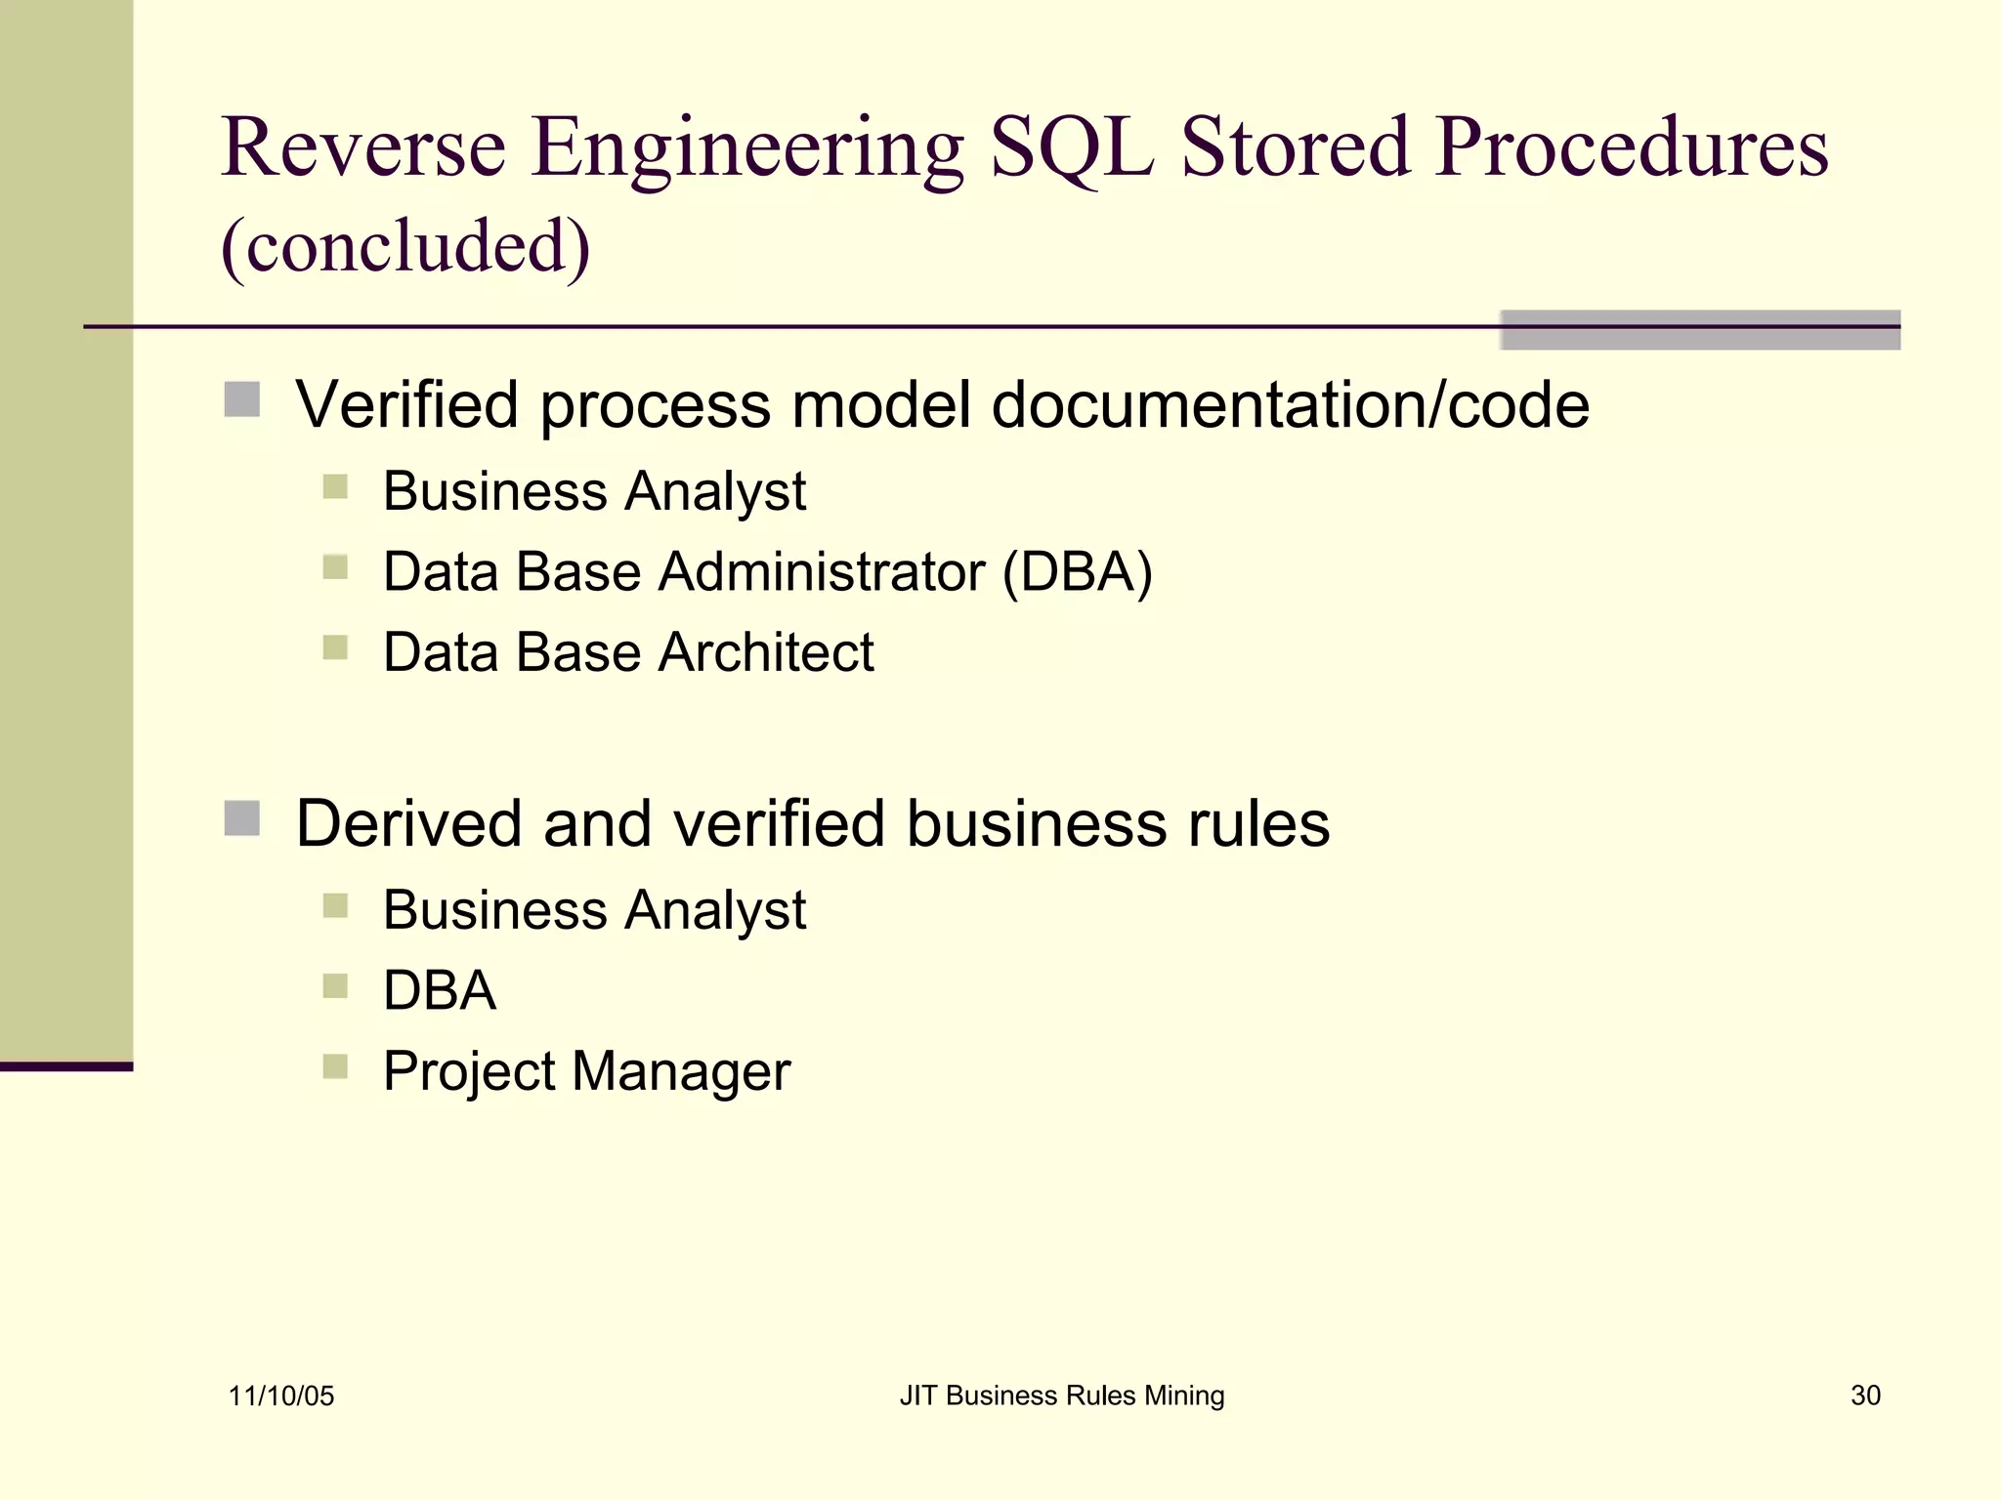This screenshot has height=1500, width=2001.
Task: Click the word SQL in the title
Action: click(x=1071, y=148)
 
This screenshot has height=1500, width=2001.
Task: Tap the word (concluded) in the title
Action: click(x=405, y=246)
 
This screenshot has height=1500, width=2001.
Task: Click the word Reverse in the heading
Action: click(x=363, y=148)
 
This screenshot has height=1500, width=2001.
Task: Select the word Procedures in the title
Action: click(x=1631, y=148)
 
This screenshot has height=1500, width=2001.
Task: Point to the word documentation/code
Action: click(x=1290, y=405)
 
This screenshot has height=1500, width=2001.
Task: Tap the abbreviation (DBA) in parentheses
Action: click(x=1078, y=572)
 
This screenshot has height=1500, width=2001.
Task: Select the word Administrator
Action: click(x=822, y=572)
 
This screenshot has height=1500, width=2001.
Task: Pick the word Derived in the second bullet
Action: click(x=408, y=823)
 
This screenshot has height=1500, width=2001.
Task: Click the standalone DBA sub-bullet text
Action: click(x=440, y=990)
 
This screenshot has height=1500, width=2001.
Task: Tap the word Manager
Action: click(x=681, y=1071)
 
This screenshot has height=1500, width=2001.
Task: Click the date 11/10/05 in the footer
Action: click(x=281, y=1396)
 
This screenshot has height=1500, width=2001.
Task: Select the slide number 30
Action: click(x=1865, y=1396)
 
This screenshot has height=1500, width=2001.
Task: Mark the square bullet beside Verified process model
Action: click(x=241, y=399)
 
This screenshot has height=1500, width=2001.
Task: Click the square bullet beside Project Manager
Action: click(x=335, y=1064)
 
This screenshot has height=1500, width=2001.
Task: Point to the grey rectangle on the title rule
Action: click(x=1700, y=330)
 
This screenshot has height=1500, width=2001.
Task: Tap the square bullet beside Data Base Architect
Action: click(x=335, y=647)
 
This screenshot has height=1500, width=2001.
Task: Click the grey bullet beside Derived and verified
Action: click(x=241, y=818)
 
